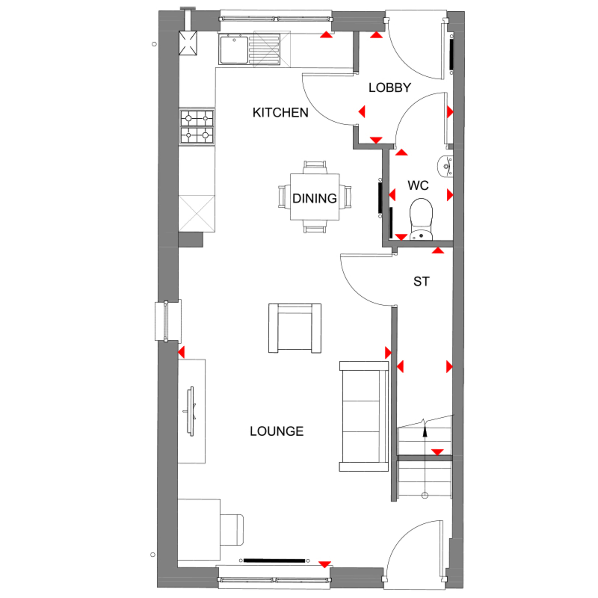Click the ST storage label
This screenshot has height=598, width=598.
(x=421, y=281)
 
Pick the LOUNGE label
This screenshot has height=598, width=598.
(x=276, y=431)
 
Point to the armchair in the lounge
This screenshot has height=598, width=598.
(x=295, y=328)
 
